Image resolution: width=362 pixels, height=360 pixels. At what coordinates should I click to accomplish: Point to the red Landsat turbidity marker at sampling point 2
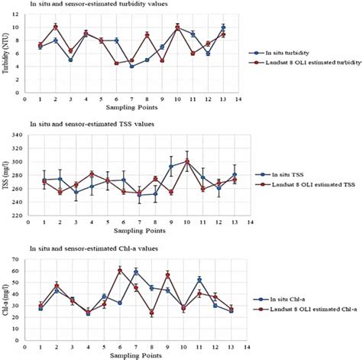tap(55, 27)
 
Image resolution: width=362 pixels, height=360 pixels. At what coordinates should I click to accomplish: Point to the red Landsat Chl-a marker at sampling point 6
tap(120, 271)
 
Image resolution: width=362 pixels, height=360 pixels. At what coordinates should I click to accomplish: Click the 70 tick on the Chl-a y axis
tap(18, 261)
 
